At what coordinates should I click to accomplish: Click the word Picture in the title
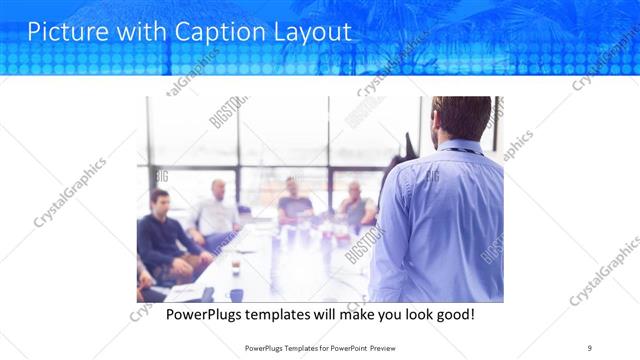coord(64,31)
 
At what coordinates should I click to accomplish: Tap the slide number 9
coord(590,346)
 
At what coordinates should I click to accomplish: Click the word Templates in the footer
coord(288,346)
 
